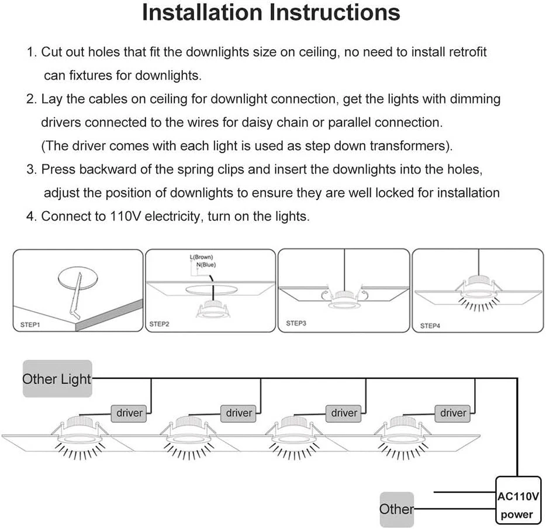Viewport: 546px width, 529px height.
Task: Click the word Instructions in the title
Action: [x=338, y=12]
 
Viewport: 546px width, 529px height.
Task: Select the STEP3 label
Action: [x=296, y=323]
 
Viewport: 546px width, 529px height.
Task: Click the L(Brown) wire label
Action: [x=201, y=257]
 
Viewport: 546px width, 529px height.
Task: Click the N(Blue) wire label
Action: [x=207, y=264]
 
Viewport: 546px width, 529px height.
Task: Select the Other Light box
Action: [x=57, y=379]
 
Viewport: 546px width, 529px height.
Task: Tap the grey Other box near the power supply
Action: [x=396, y=509]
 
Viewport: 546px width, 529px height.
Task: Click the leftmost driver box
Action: [x=129, y=413]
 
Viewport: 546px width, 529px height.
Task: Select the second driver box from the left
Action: [x=239, y=413]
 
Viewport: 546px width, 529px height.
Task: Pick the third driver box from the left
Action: [x=344, y=413]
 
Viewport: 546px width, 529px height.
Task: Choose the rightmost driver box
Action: [x=453, y=413]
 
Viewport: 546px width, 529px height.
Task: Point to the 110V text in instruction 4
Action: [x=125, y=216]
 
